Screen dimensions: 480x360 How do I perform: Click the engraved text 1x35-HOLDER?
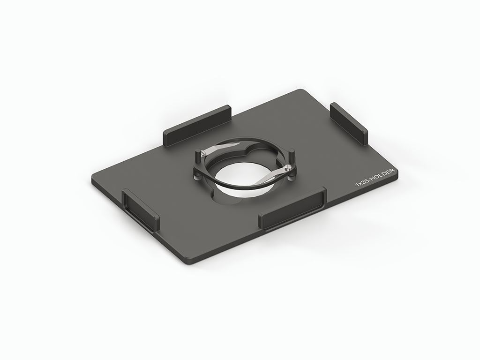375,176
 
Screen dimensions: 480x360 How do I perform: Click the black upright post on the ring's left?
197,156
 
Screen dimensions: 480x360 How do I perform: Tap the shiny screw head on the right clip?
287,167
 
